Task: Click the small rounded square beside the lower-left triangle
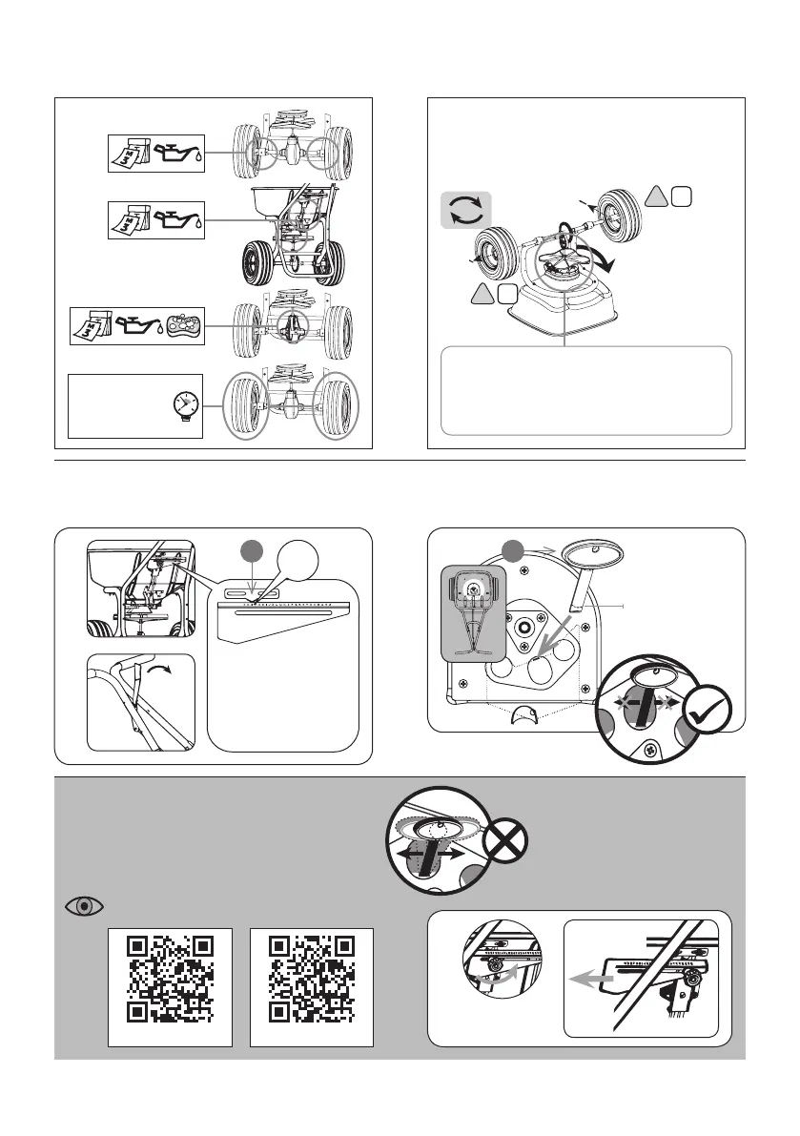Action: [x=507, y=295]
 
